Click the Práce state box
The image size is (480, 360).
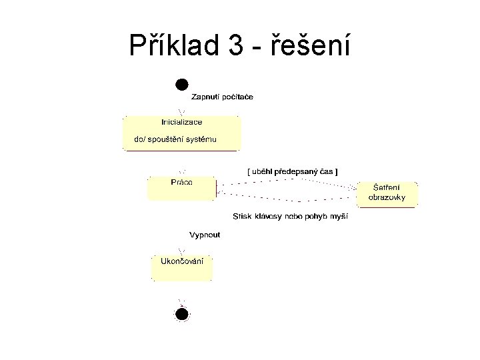coord(181,188)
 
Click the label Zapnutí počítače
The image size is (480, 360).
coord(222,97)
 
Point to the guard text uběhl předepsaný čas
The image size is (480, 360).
coord(293,171)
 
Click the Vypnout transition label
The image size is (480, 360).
coord(205,235)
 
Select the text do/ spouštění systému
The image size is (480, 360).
coord(176,140)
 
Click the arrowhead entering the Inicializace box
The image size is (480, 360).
coord(181,111)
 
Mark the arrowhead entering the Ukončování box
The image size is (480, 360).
coord(181,251)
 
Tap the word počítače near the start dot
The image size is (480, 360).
coord(237,97)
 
